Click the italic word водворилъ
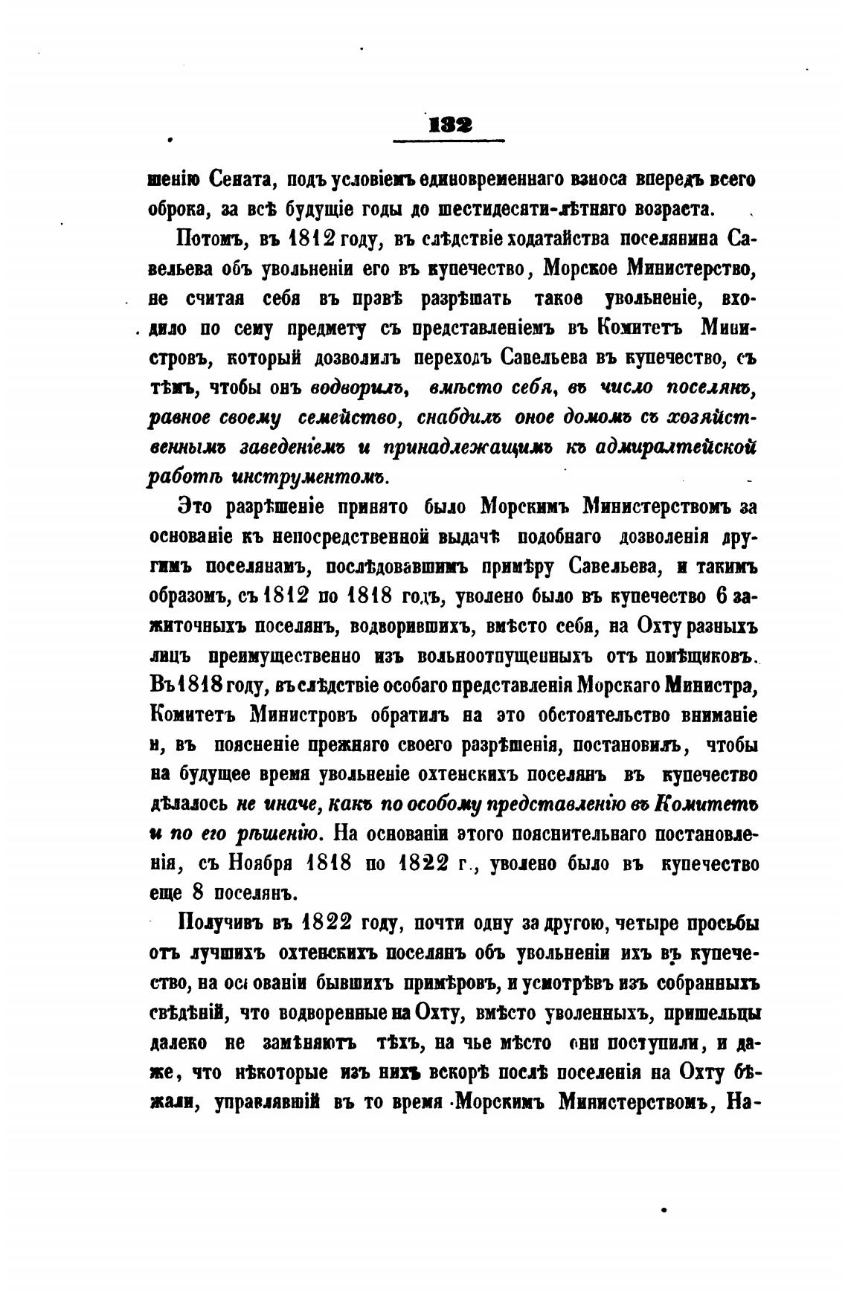point(359,387)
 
